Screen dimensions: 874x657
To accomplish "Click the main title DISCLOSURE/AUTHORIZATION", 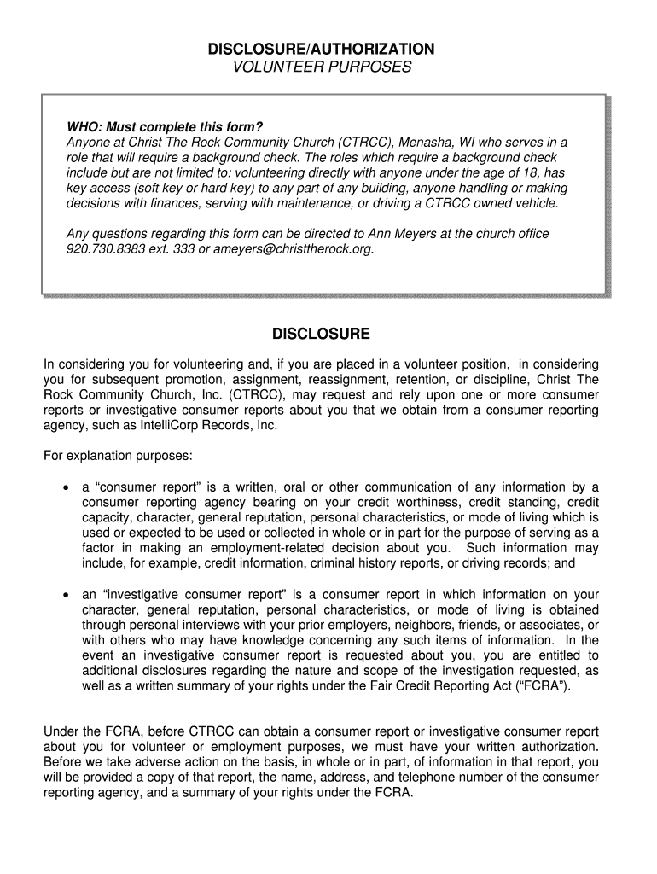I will pos(322,49).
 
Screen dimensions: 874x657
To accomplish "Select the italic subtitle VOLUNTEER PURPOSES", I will pos(322,67).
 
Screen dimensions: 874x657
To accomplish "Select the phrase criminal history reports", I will pos(355,563).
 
